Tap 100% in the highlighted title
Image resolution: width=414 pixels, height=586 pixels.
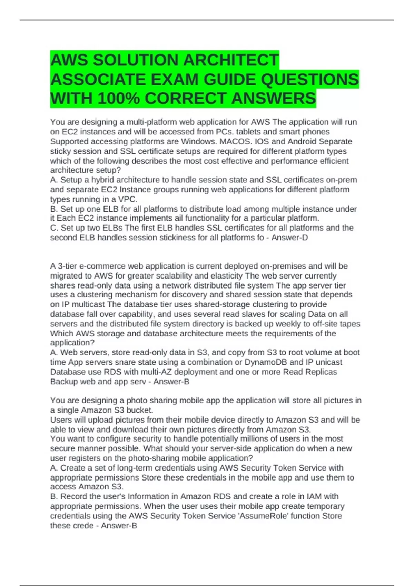click(x=118, y=99)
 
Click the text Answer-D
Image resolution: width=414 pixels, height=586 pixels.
click(x=289, y=238)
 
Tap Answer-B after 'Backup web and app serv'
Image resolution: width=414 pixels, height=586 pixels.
click(x=171, y=382)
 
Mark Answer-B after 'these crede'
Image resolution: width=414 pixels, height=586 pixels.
click(x=119, y=526)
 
